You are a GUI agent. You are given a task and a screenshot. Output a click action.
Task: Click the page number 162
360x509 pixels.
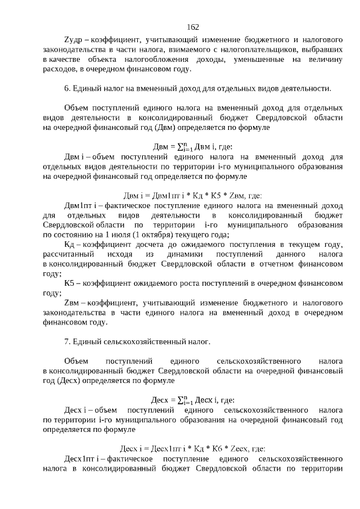click(x=193, y=27)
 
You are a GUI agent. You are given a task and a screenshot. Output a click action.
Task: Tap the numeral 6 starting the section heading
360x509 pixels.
click(x=66, y=88)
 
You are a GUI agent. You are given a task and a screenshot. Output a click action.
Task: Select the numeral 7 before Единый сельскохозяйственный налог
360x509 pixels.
click(x=66, y=341)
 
